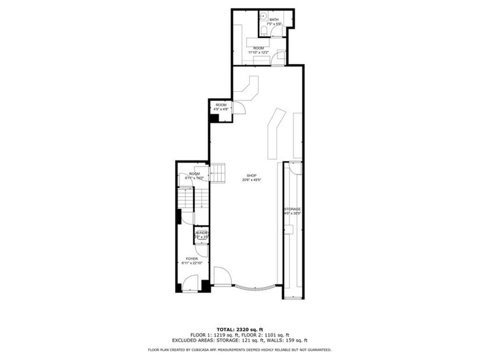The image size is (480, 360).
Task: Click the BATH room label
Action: click(274, 20)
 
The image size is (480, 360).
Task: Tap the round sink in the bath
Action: click(262, 17)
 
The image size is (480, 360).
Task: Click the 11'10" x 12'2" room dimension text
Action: click(259, 53)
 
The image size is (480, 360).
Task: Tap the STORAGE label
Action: click(292, 209)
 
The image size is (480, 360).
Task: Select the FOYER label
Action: click(192, 259)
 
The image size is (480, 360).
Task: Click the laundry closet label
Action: click(202, 233)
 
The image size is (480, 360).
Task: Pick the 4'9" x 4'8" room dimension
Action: click(220, 110)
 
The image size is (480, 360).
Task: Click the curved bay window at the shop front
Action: click(256, 289)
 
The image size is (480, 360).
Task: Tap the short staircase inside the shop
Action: click(219, 172)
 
